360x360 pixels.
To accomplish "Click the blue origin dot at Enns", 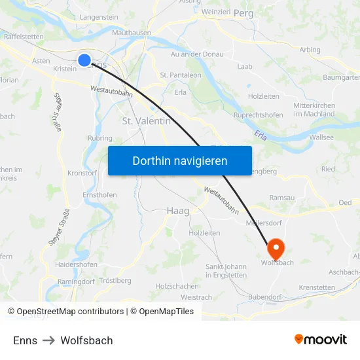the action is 84,60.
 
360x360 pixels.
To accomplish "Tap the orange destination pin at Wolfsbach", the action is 276,247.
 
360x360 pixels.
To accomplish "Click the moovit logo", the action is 320,340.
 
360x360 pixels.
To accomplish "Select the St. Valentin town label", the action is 147,121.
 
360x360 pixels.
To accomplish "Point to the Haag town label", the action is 178,211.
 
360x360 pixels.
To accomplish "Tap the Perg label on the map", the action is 243,12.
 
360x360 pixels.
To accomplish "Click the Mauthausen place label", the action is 132,32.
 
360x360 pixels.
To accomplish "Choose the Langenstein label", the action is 98,17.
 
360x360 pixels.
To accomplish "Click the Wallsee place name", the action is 321,137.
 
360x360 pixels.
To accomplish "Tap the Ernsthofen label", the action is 99,195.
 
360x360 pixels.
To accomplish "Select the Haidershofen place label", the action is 77,265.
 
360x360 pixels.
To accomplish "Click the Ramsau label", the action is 282,197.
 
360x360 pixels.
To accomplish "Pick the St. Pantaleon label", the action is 181,75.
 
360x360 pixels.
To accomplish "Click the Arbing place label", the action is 310,50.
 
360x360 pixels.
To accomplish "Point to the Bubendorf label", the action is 265,297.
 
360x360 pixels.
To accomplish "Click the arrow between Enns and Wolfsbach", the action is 49,340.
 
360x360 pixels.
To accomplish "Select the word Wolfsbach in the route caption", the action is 86,340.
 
